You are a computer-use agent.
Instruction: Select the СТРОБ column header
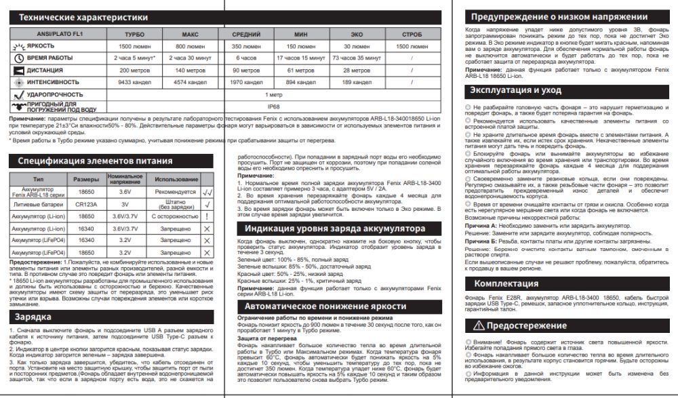411,33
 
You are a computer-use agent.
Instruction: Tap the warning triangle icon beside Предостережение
479,326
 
